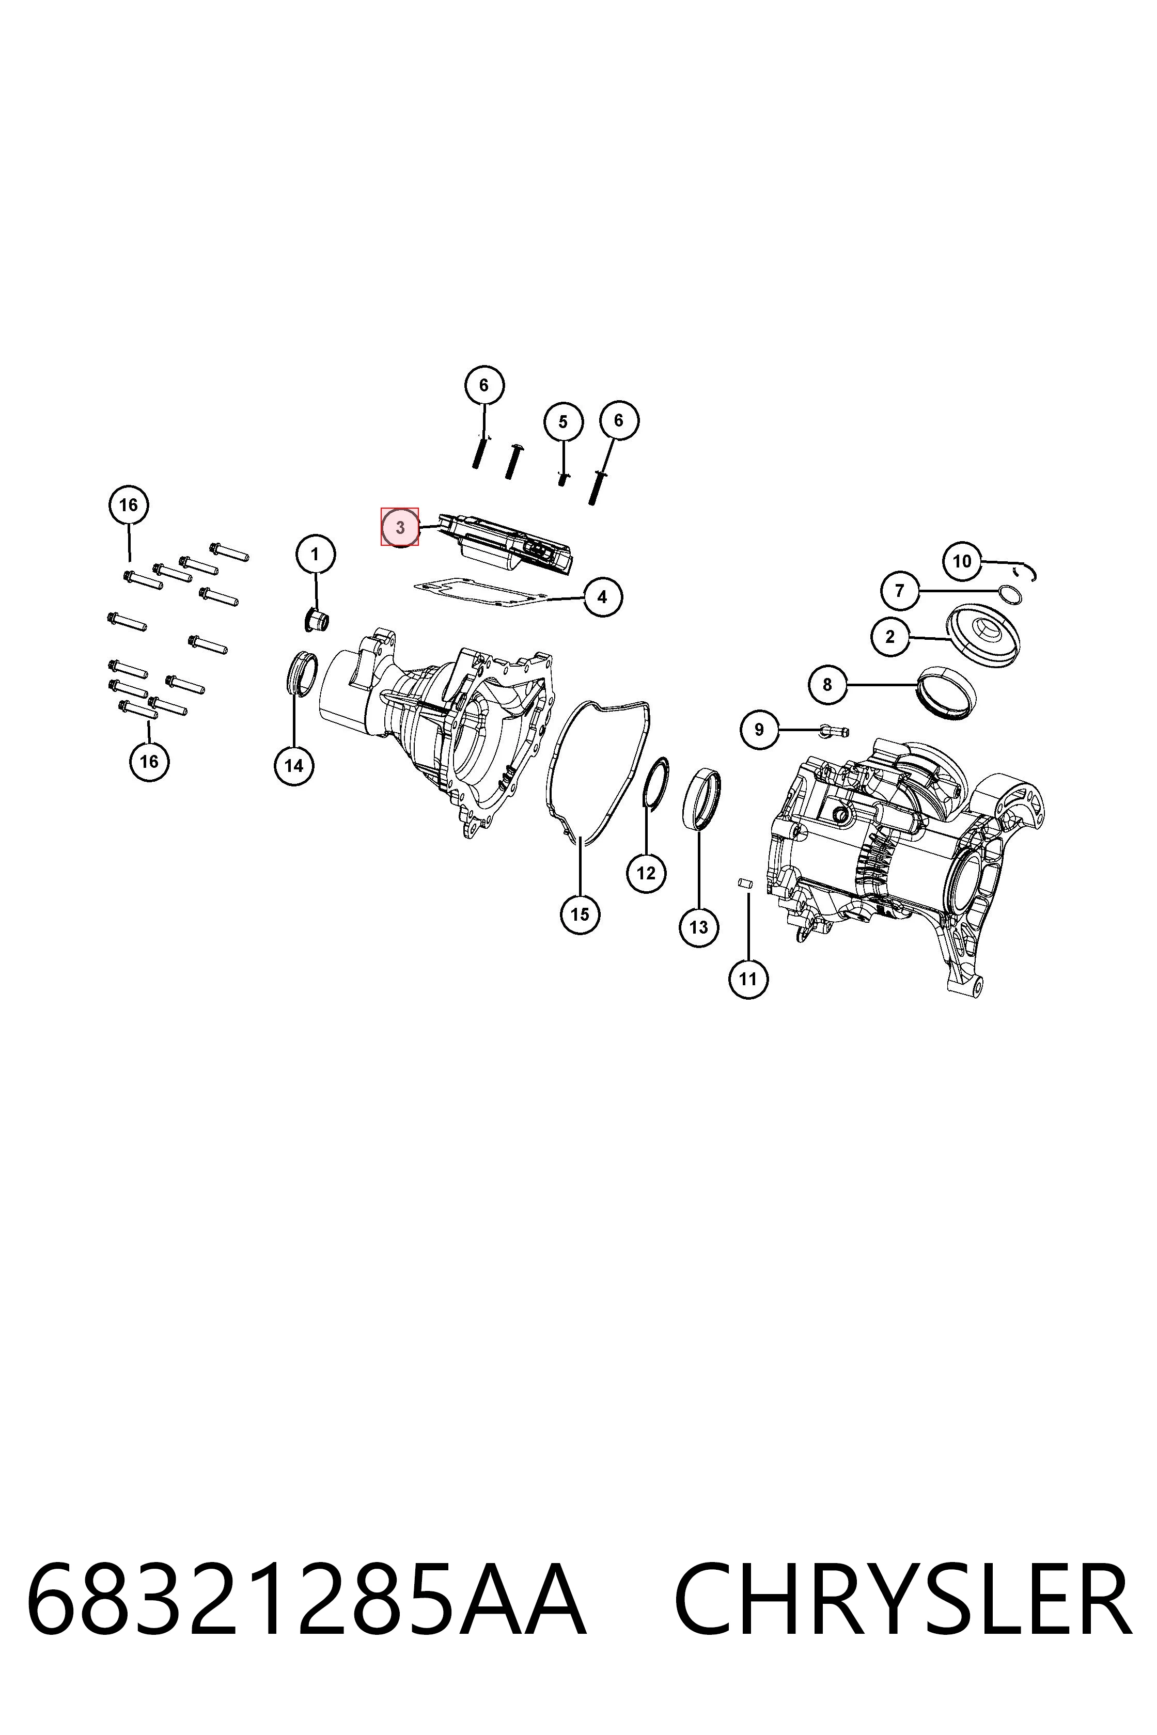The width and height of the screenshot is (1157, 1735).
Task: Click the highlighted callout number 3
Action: tap(399, 527)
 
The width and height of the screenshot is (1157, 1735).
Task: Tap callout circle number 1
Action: tap(316, 554)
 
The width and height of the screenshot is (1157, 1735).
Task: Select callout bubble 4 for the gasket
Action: tap(602, 597)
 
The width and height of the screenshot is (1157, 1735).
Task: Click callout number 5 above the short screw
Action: tap(564, 422)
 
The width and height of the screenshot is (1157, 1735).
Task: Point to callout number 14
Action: tap(294, 766)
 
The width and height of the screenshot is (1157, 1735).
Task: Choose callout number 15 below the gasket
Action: tap(580, 914)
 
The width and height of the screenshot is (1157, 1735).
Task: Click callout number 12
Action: tap(646, 873)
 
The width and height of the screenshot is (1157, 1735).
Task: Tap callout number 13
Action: tap(699, 927)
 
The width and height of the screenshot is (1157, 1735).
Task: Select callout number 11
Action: tap(748, 979)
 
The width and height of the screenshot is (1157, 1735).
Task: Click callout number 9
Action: tap(759, 730)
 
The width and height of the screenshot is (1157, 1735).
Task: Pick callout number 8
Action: tap(827, 685)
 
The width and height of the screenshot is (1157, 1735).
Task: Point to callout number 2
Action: tap(890, 636)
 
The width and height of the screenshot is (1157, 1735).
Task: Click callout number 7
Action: tap(899, 590)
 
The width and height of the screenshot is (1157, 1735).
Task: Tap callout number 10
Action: tap(962, 561)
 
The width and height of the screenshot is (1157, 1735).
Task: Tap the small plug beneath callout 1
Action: tap(317, 620)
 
